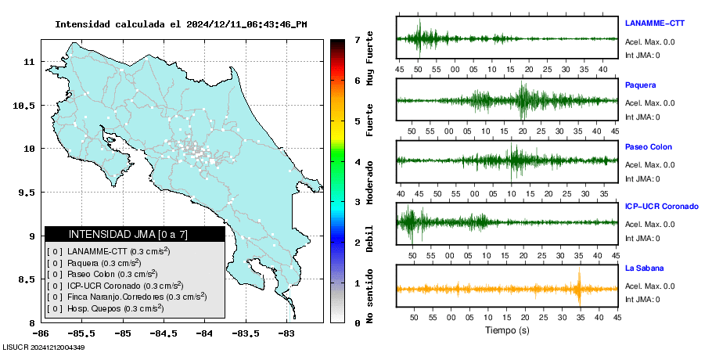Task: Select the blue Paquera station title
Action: [640, 85]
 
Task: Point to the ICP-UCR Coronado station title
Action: [661, 207]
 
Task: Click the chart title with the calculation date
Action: [181, 24]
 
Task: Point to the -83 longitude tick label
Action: [286, 333]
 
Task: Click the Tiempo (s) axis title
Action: [507, 330]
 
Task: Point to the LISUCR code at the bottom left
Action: [44, 347]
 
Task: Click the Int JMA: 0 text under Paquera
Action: [642, 117]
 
